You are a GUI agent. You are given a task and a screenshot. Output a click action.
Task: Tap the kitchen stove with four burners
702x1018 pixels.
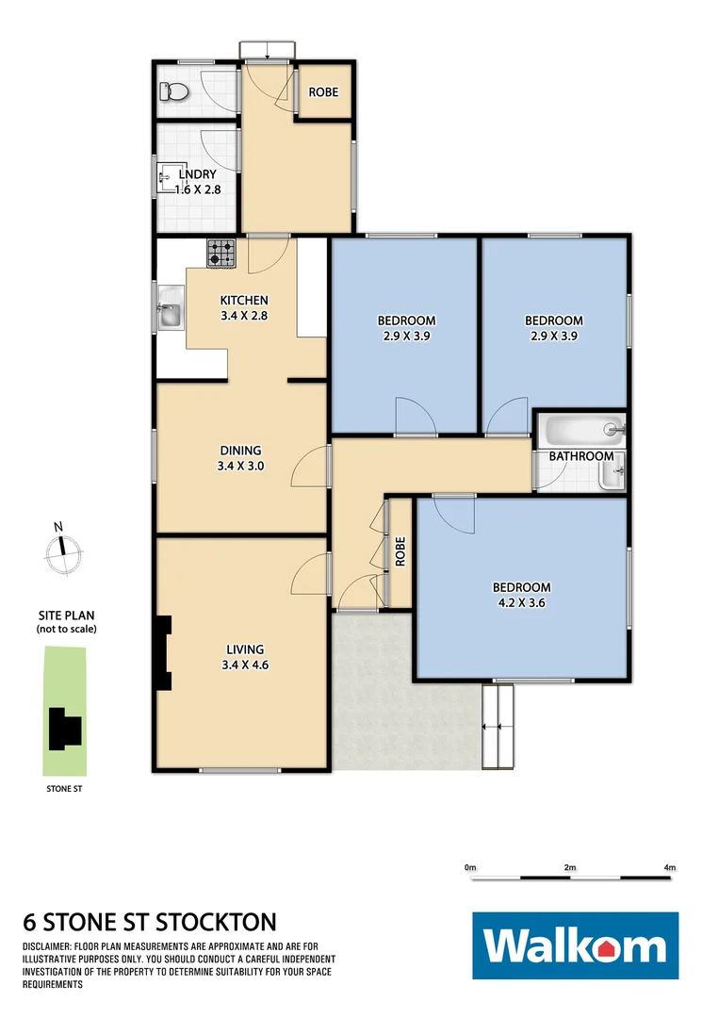click(222, 252)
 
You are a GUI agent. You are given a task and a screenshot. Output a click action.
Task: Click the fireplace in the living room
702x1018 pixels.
click(165, 653)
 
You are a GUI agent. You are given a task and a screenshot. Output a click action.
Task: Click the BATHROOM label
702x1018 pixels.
click(581, 456)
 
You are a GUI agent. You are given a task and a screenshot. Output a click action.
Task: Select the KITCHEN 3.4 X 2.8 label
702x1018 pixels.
click(244, 308)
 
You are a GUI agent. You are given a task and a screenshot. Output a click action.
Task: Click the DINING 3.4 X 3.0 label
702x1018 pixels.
click(241, 457)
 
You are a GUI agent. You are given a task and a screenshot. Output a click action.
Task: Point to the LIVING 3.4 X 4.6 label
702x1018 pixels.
click(244, 656)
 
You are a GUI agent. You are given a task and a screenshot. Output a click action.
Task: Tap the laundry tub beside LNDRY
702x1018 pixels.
click(167, 177)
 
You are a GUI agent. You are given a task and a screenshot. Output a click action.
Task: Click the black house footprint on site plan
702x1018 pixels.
click(65, 728)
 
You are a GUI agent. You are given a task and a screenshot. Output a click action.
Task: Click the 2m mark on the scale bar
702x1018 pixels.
click(569, 866)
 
